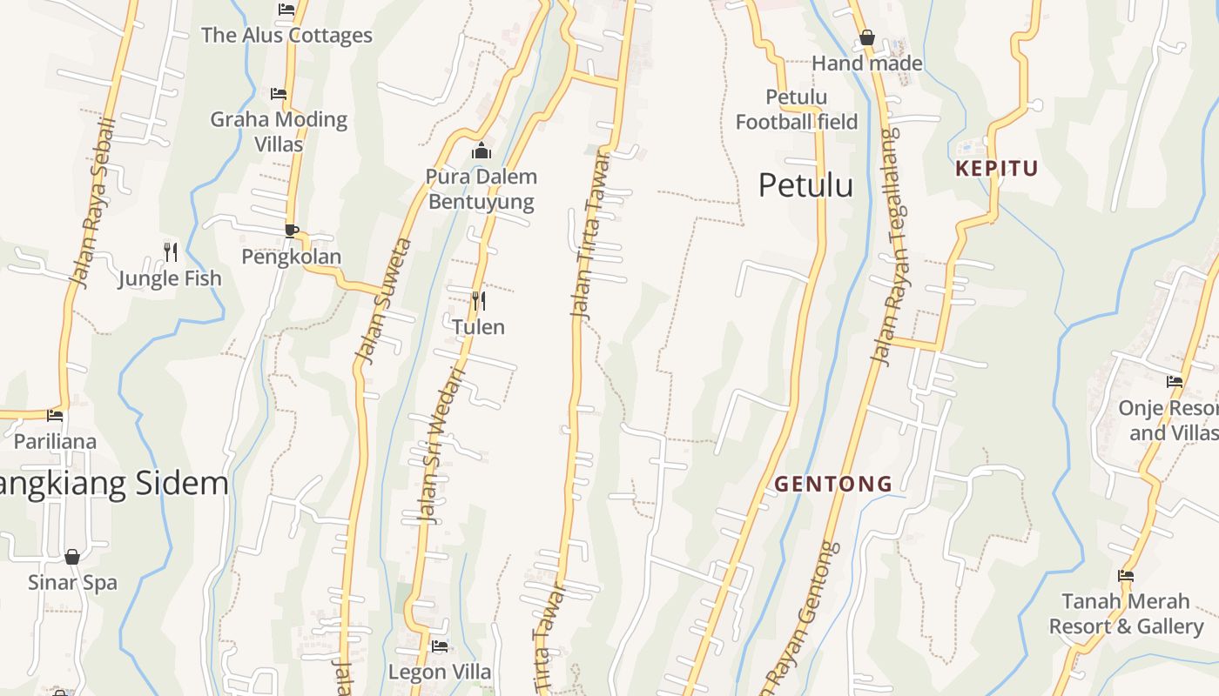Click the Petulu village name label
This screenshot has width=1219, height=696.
(805, 185)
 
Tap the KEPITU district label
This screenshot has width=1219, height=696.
(997, 169)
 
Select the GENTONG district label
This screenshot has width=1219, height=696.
(833, 484)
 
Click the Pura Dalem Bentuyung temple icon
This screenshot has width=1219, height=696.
(481, 151)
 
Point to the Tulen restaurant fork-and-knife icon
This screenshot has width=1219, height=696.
(478, 301)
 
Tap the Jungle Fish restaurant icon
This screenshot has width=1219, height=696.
(171, 252)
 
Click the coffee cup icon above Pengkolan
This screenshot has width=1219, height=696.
(292, 231)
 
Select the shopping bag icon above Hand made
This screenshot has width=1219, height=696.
(866, 37)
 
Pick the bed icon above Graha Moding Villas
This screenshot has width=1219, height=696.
(279, 93)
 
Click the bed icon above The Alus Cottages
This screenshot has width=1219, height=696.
(286, 10)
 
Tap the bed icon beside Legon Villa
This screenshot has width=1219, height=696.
(440, 646)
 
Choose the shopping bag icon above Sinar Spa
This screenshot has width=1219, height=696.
(72, 556)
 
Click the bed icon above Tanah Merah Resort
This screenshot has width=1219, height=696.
(1126, 575)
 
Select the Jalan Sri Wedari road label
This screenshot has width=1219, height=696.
(442, 446)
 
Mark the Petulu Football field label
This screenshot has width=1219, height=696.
(797, 110)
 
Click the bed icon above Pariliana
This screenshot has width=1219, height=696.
(55, 415)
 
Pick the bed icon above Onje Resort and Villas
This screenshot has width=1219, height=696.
(1175, 381)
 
